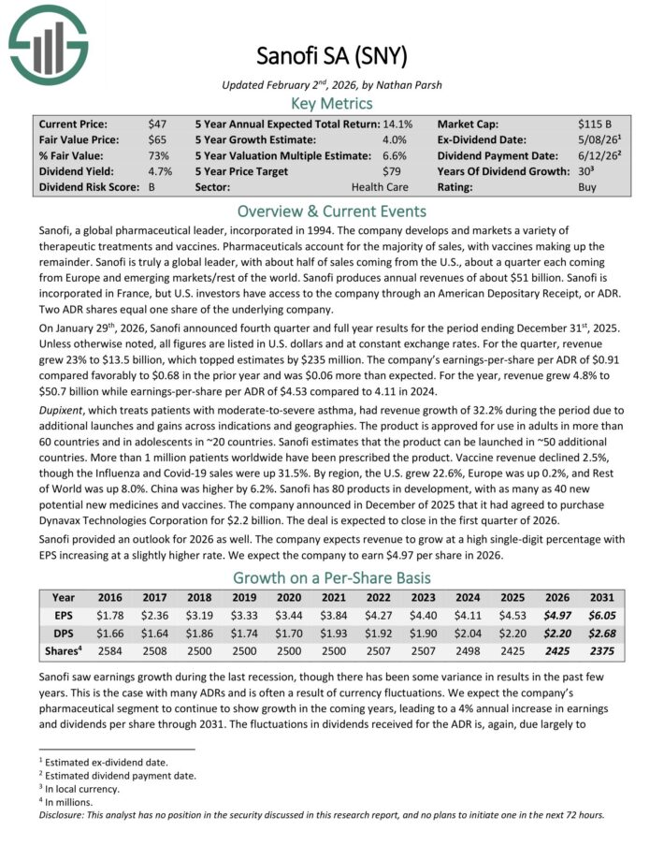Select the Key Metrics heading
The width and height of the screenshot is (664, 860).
(332, 103)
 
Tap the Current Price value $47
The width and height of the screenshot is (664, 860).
(157, 124)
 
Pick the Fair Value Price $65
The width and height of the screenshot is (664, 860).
(157, 139)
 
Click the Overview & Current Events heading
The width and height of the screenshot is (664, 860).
(332, 211)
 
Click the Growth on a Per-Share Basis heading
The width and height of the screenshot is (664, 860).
(332, 577)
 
